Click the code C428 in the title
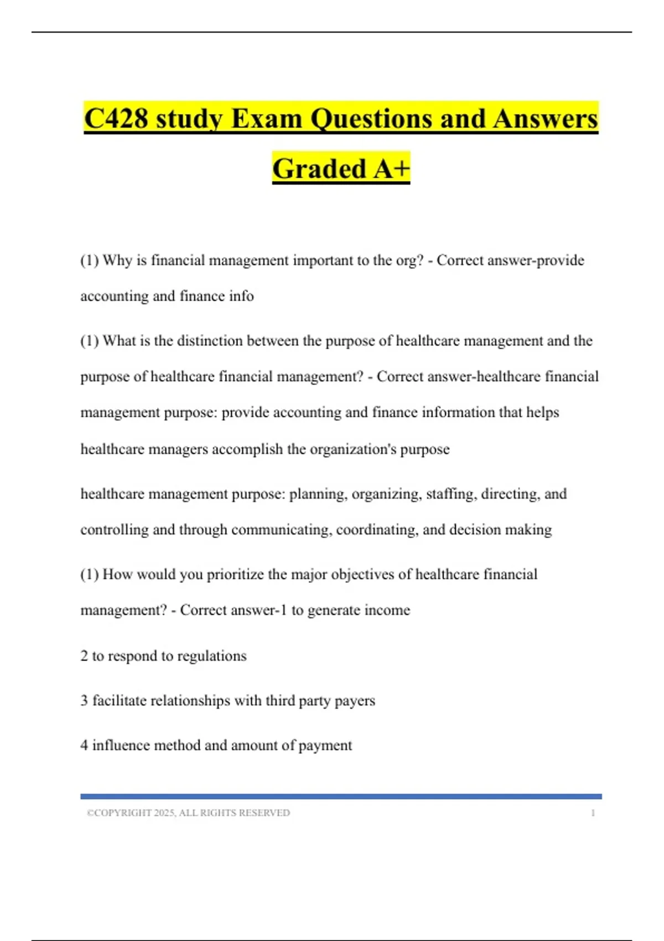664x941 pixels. pos(116,119)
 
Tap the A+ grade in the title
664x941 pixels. pos(391,169)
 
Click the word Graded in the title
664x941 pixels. pos(319,169)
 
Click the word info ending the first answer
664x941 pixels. pos(241,296)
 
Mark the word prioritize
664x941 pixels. pos(235,575)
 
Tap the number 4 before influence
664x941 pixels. pos(84,746)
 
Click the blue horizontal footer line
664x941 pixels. pos(341,797)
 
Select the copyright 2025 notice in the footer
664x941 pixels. pos(188,813)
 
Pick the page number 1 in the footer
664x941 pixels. pos(593,813)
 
